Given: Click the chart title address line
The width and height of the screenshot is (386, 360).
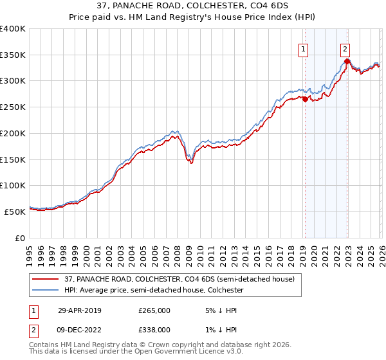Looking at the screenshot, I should click(192, 7).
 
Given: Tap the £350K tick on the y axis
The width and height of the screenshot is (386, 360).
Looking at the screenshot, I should click(13, 55).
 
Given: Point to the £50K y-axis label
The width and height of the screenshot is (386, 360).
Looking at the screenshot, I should click(15, 211).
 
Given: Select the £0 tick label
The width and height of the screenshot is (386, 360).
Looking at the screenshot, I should click(20, 237).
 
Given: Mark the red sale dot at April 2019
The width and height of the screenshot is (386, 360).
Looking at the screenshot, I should click(305, 100).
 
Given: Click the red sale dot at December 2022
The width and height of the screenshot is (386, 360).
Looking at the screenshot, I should click(347, 62).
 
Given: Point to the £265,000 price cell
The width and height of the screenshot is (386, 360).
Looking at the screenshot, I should click(154, 310).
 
